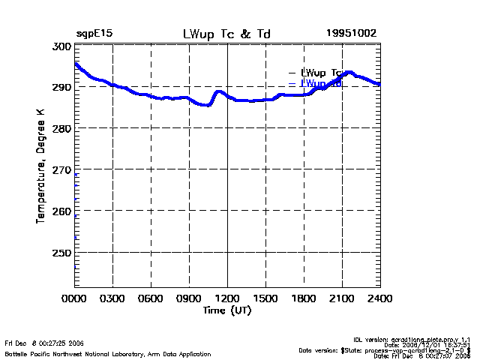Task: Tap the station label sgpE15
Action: click(x=94, y=34)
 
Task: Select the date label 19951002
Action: click(x=351, y=34)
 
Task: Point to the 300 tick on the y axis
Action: click(x=61, y=46)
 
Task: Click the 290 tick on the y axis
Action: click(x=61, y=88)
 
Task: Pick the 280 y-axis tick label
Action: click(x=61, y=129)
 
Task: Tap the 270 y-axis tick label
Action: click(x=61, y=170)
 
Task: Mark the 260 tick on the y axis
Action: click(x=61, y=211)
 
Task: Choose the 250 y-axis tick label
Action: click(x=61, y=253)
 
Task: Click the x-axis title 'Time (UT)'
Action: click(x=227, y=310)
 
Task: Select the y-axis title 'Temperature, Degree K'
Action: click(x=40, y=166)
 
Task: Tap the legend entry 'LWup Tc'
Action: click(x=321, y=73)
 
